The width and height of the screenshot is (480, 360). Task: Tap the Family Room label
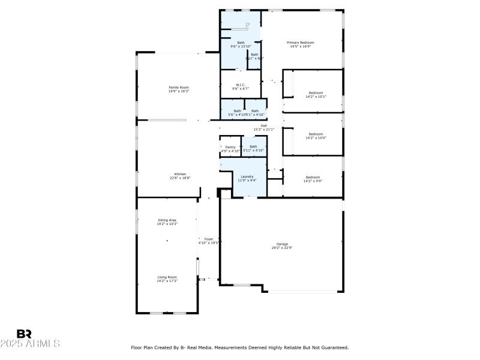[178, 88]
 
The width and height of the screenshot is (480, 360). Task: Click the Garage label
[281, 244]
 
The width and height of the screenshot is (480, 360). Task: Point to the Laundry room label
[247, 176]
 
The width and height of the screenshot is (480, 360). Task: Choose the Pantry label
[230, 146]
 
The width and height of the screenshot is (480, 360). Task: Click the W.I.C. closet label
[240, 85]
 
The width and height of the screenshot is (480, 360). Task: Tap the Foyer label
[209, 239]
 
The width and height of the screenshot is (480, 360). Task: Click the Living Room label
[167, 277]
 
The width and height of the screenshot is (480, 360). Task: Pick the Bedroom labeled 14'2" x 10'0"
[316, 134]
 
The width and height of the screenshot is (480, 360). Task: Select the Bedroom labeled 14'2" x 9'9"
[313, 177]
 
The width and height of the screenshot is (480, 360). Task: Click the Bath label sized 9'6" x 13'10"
[241, 43]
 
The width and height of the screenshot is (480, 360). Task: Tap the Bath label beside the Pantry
[253, 146]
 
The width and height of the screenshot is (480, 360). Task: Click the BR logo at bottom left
[24, 333]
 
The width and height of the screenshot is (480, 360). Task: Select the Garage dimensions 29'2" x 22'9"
[281, 247]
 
